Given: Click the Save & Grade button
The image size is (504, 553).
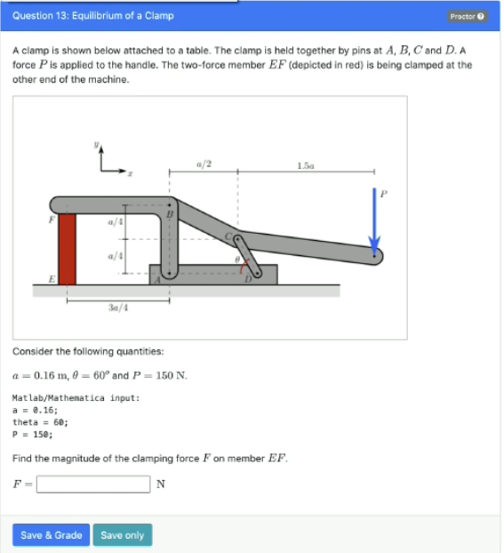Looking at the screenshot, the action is pyautogui.click(x=51, y=534).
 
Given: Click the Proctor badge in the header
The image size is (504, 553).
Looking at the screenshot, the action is pyautogui.click(x=468, y=16).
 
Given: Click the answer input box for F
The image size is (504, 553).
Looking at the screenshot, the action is pyautogui.click(x=92, y=485).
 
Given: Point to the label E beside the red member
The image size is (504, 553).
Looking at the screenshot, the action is pyautogui.click(x=52, y=278).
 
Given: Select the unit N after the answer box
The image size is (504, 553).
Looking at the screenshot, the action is pyautogui.click(x=160, y=485).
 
